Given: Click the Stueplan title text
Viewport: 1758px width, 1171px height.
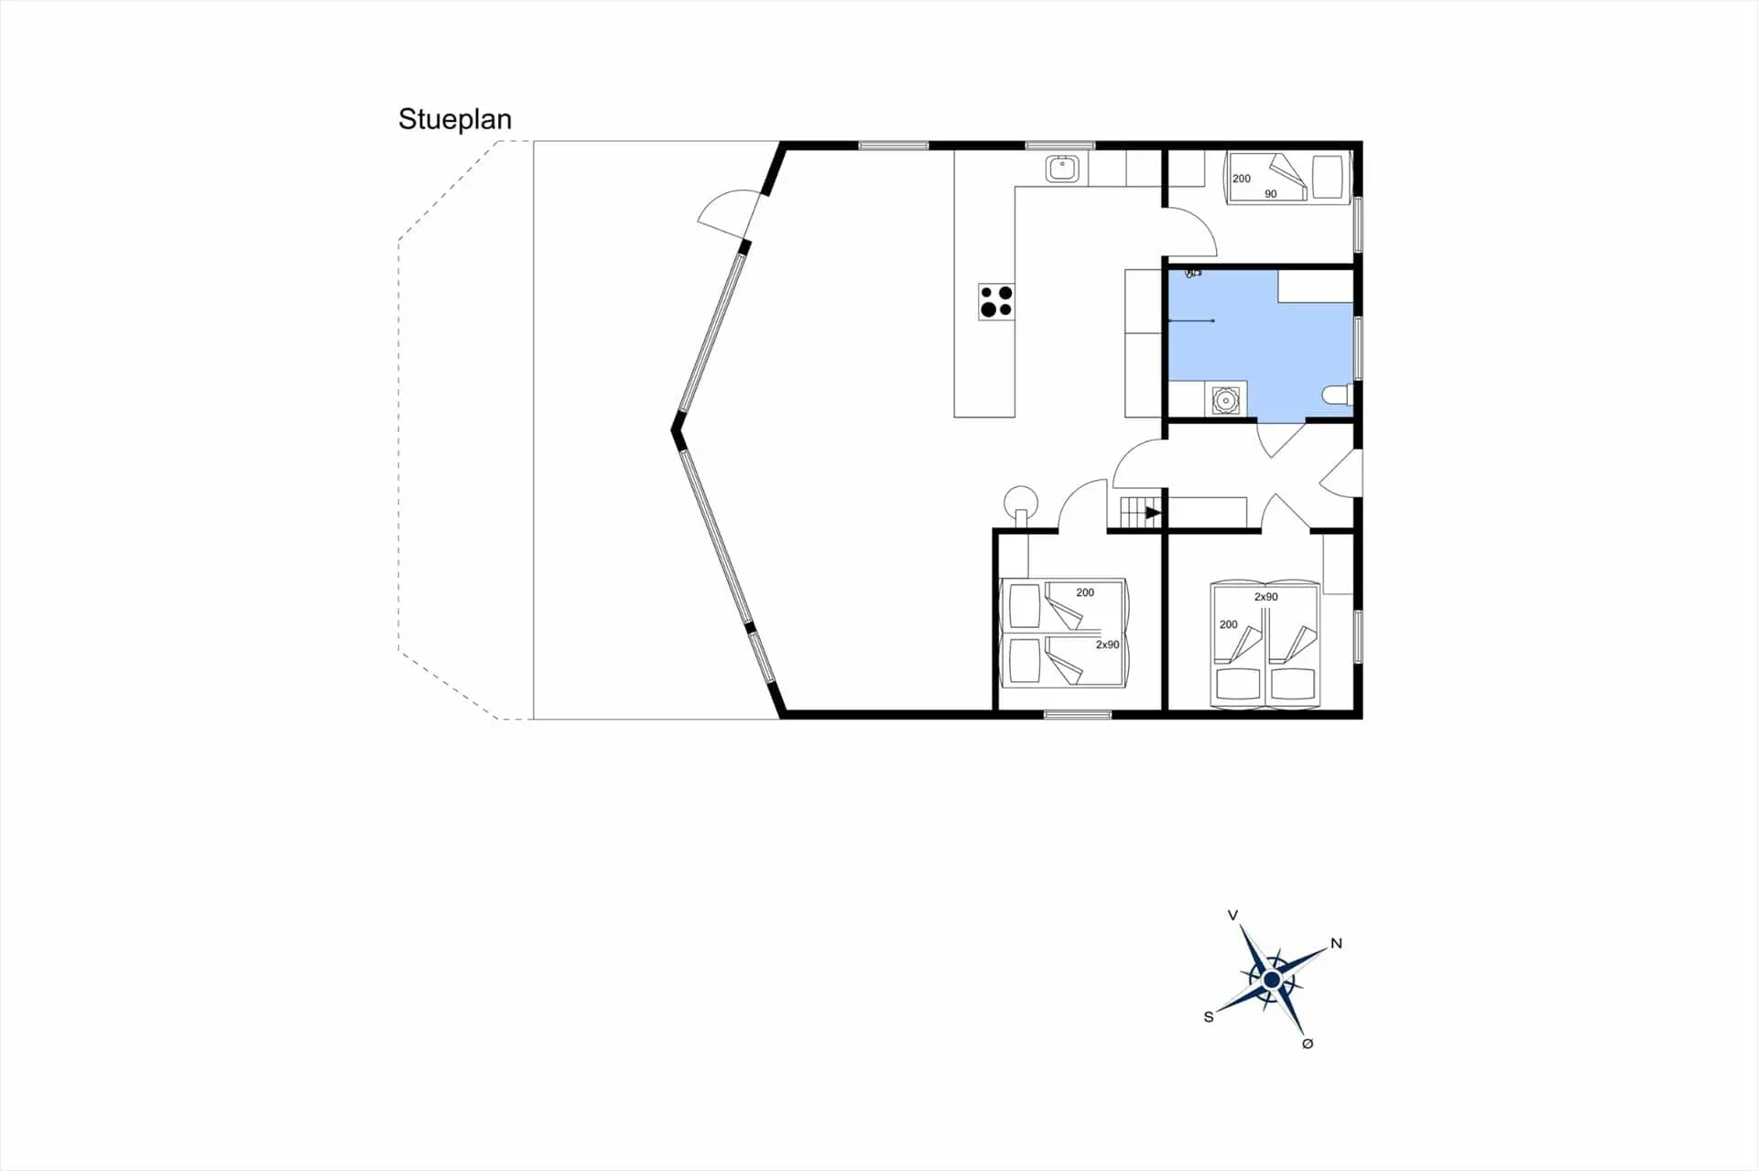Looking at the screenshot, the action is click(454, 120).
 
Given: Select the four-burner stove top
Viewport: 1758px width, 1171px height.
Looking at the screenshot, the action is click(996, 301).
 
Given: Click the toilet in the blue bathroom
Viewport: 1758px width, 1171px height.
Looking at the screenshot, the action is click(1338, 396).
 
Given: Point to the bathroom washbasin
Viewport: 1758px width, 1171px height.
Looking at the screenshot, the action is click(1225, 400).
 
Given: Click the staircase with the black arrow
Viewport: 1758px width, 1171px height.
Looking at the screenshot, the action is click(1141, 513).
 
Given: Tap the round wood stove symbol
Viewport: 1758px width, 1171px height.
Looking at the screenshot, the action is click(1021, 503).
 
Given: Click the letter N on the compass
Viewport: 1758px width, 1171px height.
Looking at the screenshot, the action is click(1336, 943).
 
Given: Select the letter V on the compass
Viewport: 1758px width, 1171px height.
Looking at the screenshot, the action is click(1233, 915).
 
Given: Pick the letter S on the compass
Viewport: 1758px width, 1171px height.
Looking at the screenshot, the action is click(1209, 1016).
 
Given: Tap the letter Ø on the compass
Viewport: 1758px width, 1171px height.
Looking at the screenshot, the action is click(1308, 1043).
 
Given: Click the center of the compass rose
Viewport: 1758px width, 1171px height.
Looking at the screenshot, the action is click(1271, 981).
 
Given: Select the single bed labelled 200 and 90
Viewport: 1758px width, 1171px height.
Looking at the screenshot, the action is click(1288, 178).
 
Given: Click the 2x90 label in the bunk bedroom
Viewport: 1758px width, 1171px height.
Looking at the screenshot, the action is click(1108, 645).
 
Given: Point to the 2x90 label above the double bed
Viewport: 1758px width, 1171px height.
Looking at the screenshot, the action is click(1266, 597).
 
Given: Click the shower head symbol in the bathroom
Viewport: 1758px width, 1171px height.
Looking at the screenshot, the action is click(1193, 273).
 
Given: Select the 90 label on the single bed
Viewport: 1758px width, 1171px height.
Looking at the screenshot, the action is click(1271, 194).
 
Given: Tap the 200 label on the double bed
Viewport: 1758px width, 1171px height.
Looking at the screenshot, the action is click(1229, 624).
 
